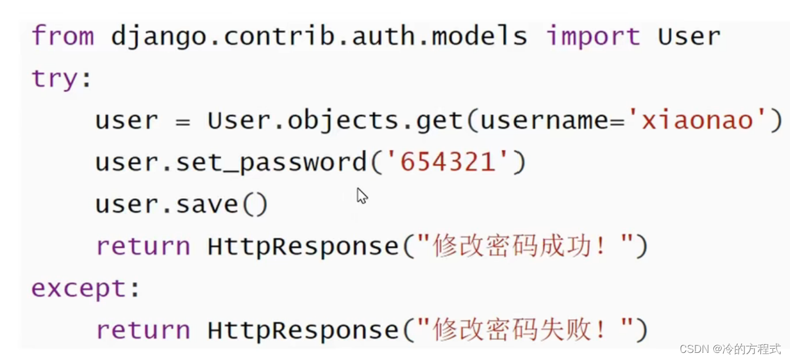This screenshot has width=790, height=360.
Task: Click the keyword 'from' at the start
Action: pyautogui.click(x=62, y=36)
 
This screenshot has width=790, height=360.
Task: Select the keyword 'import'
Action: pyautogui.click(x=592, y=37)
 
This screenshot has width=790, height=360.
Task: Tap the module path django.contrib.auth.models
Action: pyautogui.click(x=319, y=37)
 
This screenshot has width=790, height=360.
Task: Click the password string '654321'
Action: pyautogui.click(x=448, y=162)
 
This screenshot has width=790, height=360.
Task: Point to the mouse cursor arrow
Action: pyautogui.click(x=361, y=195)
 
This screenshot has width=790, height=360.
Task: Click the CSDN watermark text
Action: pyautogui.click(x=730, y=349)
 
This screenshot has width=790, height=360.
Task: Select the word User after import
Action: pyautogui.click(x=689, y=37)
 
